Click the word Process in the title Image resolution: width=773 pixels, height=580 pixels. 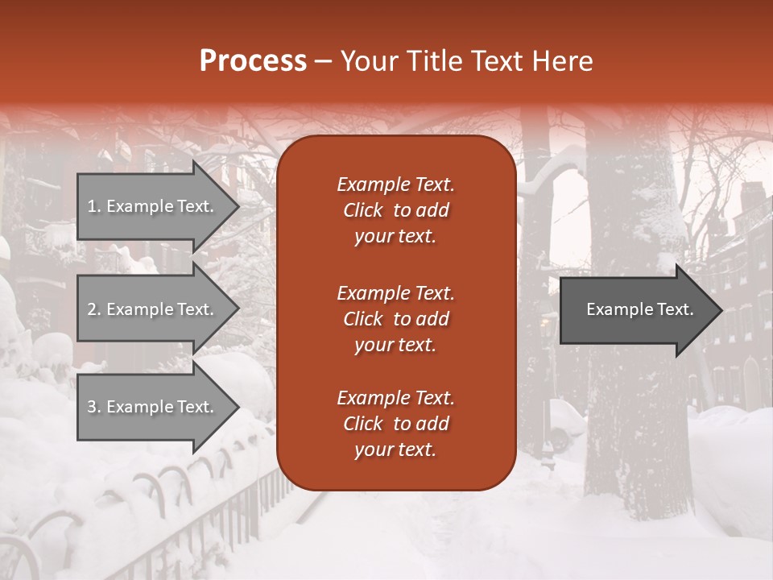point(253,61)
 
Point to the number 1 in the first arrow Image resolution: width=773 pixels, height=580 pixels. point(92,206)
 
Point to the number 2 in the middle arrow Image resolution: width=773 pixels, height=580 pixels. point(92,309)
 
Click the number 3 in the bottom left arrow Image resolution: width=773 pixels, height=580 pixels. point(92,407)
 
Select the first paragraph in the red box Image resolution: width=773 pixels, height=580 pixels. point(395,210)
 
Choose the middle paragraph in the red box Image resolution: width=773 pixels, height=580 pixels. point(395,318)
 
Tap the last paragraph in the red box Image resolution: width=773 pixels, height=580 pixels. point(395,424)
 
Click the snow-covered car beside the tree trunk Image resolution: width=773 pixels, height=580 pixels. point(566,424)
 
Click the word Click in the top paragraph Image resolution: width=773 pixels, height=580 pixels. point(363,210)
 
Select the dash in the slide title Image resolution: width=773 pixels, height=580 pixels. point(323,61)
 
